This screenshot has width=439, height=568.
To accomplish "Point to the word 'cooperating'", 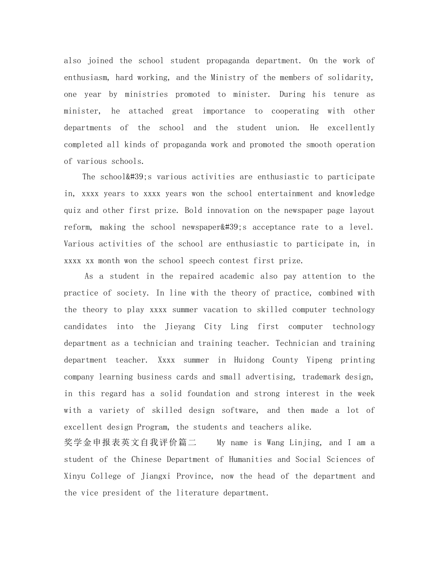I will click(x=295, y=111).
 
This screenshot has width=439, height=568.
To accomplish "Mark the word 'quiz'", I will click(x=72, y=211).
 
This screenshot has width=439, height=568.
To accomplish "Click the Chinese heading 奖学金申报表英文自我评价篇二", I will click(x=130, y=443).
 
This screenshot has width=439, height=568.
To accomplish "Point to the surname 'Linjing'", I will click(x=305, y=443).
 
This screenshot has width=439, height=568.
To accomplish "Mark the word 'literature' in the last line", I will click(x=198, y=493).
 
